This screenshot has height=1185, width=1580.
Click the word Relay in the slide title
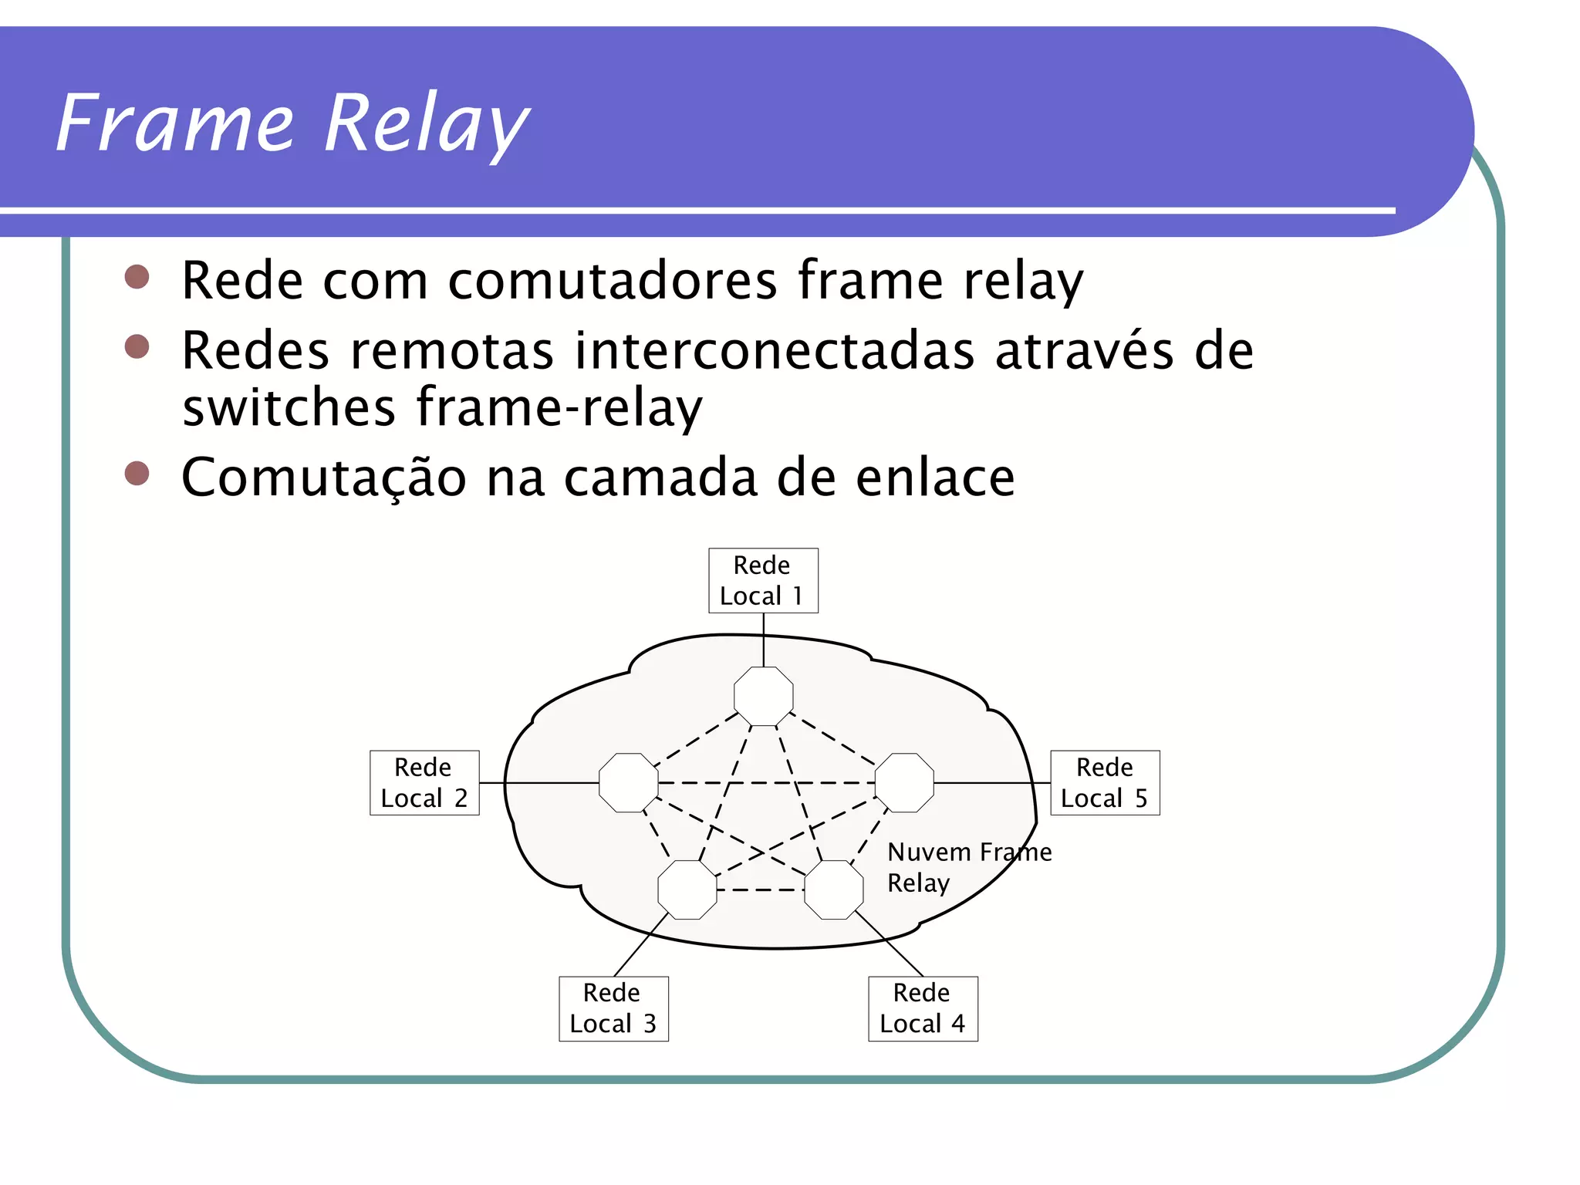pyautogui.click(x=426, y=123)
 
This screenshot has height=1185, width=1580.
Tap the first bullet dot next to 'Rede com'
pyautogui.click(x=137, y=277)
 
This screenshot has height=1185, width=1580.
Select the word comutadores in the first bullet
pyautogui.click(x=613, y=280)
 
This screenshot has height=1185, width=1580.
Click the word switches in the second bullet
pyautogui.click(x=289, y=407)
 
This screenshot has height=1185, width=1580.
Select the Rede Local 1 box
pyautogui.click(x=763, y=581)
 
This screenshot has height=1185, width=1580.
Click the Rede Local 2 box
pyautogui.click(x=424, y=783)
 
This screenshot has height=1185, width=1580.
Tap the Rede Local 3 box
pyautogui.click(x=613, y=1008)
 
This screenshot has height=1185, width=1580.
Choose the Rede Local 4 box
pyautogui.click(x=923, y=1008)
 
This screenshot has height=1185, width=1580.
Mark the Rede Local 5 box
pyautogui.click(x=1105, y=783)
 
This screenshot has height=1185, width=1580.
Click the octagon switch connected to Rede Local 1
pyautogui.click(x=763, y=696)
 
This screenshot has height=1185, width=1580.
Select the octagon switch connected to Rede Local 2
pyautogui.click(x=628, y=783)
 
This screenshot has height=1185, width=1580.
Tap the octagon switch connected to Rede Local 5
pyautogui.click(x=904, y=783)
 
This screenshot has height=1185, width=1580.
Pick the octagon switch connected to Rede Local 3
pyautogui.click(x=687, y=890)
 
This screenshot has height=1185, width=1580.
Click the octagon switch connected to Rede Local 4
pyautogui.click(x=833, y=890)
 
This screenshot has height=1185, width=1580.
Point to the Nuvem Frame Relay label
pyautogui.click(x=968, y=867)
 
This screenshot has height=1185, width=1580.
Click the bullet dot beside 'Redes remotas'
pyautogui.click(x=137, y=346)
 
